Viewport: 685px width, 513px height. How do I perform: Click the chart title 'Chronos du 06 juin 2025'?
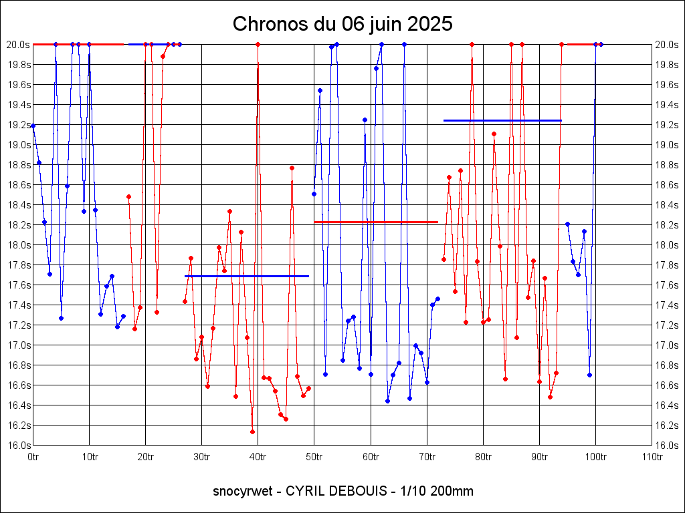tap(342, 24)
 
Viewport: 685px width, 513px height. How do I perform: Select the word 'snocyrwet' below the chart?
tap(243, 492)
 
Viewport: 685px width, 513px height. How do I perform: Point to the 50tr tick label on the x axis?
tap(314, 457)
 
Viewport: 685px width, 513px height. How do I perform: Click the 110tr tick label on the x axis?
tap(652, 457)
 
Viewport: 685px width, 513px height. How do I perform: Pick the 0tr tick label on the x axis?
tap(33, 457)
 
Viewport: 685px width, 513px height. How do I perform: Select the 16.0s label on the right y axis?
tap(667, 446)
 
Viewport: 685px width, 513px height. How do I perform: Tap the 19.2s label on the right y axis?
tap(667, 125)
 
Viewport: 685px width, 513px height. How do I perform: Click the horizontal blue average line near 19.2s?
tap(502, 120)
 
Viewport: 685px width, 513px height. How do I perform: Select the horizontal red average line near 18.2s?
tap(375, 222)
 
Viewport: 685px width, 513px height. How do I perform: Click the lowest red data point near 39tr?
tap(252, 432)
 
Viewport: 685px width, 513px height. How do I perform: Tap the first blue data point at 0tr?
tap(33, 126)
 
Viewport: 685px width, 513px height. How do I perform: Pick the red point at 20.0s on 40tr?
tap(258, 44)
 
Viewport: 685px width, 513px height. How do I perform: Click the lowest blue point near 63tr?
tap(387, 401)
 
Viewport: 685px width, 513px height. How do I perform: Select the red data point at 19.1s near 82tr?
tap(494, 134)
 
